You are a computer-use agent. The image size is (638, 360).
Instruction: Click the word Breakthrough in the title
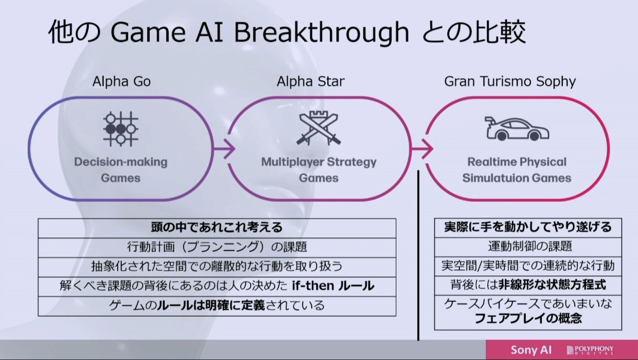(321, 33)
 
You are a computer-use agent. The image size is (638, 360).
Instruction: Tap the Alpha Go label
(122, 82)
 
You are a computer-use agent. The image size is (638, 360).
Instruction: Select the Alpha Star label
(310, 82)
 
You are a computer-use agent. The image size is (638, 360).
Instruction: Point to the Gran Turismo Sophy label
(510, 82)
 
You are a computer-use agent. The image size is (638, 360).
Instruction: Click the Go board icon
(121, 129)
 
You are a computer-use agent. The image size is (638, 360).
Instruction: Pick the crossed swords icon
(319, 129)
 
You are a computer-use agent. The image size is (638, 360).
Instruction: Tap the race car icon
(517, 129)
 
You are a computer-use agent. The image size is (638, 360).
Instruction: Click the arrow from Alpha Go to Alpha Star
(224, 149)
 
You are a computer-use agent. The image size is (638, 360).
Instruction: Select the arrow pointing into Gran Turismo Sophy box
(422, 149)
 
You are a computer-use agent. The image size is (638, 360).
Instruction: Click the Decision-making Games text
(121, 170)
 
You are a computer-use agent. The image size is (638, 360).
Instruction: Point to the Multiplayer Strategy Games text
(319, 170)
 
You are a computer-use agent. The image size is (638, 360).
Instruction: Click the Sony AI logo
(531, 350)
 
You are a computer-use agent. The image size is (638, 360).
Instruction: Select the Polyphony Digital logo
(590, 350)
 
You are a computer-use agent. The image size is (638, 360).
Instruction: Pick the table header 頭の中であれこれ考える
(217, 228)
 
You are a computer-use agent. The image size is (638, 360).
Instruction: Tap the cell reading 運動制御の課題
(530, 246)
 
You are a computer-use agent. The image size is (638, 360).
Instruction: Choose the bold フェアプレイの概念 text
(528, 319)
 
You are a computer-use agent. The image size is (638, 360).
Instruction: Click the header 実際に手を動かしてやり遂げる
(528, 227)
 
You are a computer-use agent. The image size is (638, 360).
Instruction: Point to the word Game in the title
(148, 33)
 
